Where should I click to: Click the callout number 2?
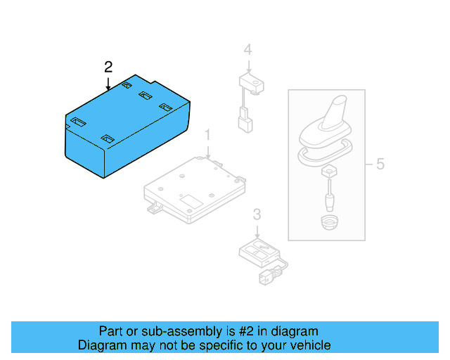tap(108, 67)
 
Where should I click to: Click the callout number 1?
tap(207, 134)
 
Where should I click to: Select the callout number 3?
tap(257, 214)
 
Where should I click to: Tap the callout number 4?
tap(247, 49)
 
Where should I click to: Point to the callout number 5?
tap(380, 165)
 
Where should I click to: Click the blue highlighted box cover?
tap(127, 127)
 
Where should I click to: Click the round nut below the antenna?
tap(328, 223)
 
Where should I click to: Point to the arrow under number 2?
tap(108, 83)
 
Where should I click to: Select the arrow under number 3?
tap(257, 229)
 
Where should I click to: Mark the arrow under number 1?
tap(207, 148)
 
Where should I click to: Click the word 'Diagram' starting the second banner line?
tap(101, 345)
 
